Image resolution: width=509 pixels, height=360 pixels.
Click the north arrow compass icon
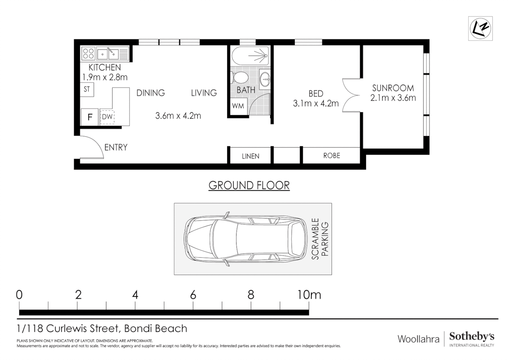(x=480, y=28)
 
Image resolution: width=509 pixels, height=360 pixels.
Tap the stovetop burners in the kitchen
(x=88, y=54)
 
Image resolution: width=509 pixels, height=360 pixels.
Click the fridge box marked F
(x=90, y=117)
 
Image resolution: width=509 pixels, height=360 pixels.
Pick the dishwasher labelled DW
(x=107, y=117)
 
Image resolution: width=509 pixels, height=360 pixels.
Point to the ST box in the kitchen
(x=87, y=89)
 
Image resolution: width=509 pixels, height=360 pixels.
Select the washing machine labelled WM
(x=238, y=106)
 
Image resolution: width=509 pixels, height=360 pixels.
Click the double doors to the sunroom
(x=350, y=95)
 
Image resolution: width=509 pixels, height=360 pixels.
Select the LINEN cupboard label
(x=251, y=156)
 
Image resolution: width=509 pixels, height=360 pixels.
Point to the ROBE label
(x=331, y=156)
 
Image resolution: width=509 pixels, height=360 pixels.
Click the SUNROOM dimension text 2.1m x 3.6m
(x=393, y=98)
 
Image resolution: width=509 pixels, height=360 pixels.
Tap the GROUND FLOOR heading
(x=249, y=185)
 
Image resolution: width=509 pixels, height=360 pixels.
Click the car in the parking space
(x=245, y=239)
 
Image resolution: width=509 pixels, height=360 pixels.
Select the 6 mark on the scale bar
(x=193, y=295)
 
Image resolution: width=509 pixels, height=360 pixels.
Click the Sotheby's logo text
(x=472, y=337)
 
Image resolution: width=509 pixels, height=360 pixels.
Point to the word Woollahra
(x=418, y=339)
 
